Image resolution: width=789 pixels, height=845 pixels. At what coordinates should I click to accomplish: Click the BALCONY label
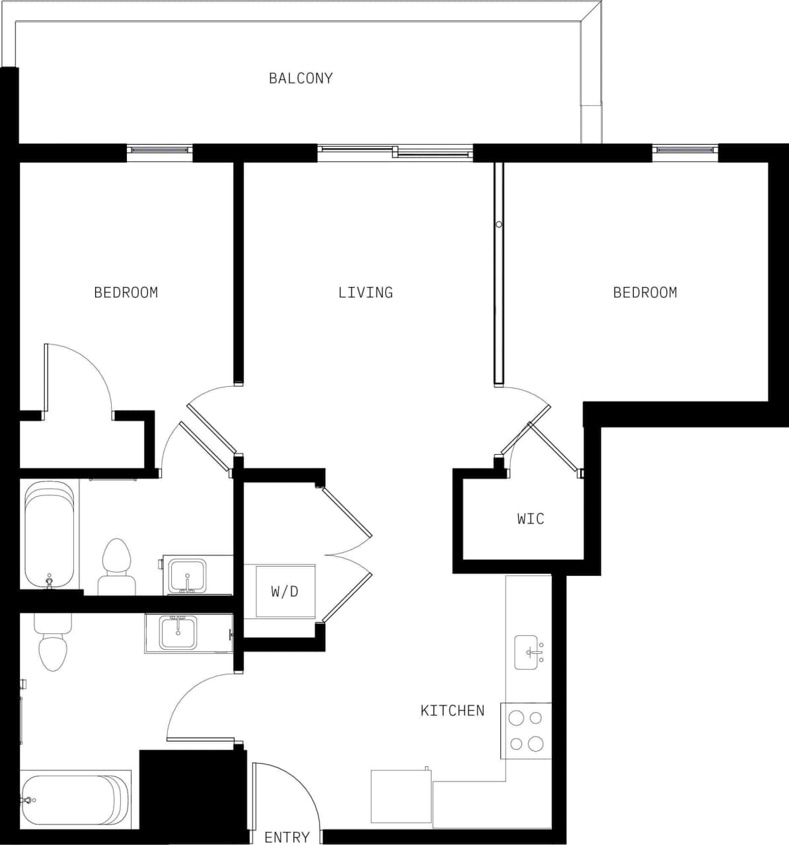click(x=301, y=78)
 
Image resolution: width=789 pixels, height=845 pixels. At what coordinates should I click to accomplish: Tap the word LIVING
click(x=365, y=292)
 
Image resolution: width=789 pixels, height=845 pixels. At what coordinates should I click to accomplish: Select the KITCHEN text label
click(x=453, y=711)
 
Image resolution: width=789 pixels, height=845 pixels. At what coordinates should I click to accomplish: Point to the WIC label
click(x=531, y=518)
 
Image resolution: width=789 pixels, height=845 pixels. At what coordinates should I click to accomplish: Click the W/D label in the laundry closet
click(x=284, y=591)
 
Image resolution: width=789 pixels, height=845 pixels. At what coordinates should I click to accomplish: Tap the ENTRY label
click(x=287, y=837)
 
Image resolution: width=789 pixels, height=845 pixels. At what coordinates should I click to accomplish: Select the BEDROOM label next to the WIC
click(x=645, y=292)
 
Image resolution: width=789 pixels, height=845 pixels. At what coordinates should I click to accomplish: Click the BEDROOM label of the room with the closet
click(x=126, y=292)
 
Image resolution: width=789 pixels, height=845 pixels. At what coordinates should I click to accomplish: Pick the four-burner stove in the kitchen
click(x=527, y=731)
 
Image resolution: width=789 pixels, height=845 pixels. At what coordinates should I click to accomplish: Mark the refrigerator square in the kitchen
click(x=401, y=796)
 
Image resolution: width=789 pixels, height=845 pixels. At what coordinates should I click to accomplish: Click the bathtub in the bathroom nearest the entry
click(x=76, y=800)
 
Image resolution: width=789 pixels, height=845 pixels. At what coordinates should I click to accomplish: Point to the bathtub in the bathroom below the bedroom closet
click(x=49, y=534)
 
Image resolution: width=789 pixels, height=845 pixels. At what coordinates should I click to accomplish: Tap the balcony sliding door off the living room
click(x=395, y=152)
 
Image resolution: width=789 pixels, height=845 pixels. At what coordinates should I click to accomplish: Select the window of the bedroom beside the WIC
click(x=685, y=151)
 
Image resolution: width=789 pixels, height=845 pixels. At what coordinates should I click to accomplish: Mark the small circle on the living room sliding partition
click(x=499, y=225)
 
